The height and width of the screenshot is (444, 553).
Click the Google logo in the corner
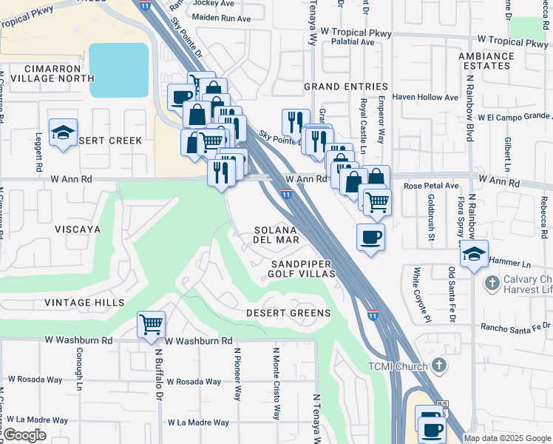(24, 435)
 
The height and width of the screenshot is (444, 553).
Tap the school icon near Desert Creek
(64, 133)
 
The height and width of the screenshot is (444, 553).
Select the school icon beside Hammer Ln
(474, 253)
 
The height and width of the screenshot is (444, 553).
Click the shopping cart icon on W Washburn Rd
(151, 324)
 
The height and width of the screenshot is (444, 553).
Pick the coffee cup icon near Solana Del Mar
(371, 237)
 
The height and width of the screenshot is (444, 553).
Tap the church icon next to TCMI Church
(439, 366)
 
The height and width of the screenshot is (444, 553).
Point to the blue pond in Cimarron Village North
(118, 70)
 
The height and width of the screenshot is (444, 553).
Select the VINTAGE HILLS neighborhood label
(84, 303)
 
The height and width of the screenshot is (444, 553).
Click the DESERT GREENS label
(288, 313)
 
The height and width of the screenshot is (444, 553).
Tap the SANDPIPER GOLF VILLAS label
(302, 269)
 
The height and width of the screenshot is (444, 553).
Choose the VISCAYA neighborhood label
(78, 229)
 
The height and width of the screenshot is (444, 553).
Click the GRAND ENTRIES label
(345, 87)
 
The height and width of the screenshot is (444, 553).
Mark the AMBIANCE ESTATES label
(486, 61)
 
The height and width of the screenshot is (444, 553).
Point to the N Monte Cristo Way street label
(276, 383)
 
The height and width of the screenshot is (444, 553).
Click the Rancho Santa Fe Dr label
(506, 326)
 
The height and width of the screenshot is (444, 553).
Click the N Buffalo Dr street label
(158, 385)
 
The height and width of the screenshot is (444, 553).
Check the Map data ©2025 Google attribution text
(507, 438)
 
